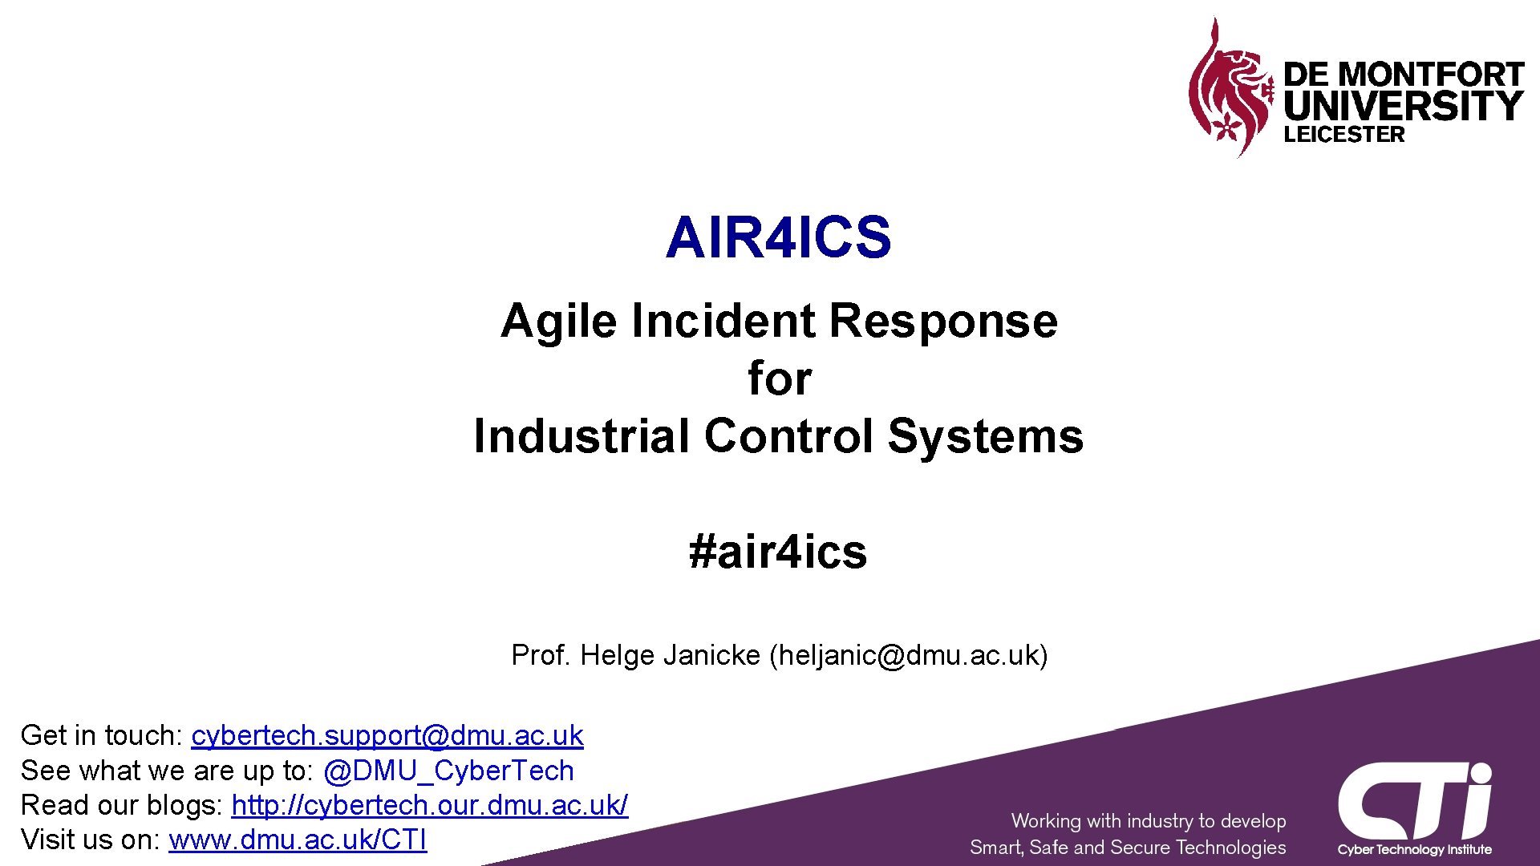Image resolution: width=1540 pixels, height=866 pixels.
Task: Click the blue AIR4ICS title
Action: click(x=778, y=237)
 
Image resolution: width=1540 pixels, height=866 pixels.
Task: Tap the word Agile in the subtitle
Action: click(x=558, y=322)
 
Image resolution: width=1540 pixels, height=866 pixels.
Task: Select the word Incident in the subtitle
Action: click(x=723, y=322)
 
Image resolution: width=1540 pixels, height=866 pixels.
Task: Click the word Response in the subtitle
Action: click(x=943, y=322)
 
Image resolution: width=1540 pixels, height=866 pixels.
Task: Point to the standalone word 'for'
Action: click(x=780, y=378)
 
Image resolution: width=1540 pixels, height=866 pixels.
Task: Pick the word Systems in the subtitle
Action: click(x=986, y=436)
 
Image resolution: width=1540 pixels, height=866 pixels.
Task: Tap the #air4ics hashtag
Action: click(x=778, y=552)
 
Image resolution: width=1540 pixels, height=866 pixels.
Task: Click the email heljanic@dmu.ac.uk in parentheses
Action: click(x=908, y=655)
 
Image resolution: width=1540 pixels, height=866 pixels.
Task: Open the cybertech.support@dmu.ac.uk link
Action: click(x=387, y=735)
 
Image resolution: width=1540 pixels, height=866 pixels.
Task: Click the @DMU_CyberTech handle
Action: click(x=448, y=771)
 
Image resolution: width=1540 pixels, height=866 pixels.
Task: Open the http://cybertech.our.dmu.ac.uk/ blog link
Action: click(x=429, y=805)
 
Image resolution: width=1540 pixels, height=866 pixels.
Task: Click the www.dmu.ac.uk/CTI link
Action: click(x=298, y=840)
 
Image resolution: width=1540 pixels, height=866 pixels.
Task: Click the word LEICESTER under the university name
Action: click(x=1344, y=135)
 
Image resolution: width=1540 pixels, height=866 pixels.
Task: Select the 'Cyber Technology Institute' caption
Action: click(x=1414, y=850)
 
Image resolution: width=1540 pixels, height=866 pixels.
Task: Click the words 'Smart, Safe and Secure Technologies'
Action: click(x=1127, y=848)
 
